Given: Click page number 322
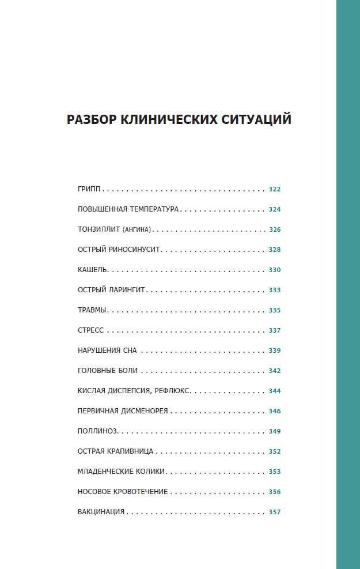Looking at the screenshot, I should pyautogui.click(x=274, y=189).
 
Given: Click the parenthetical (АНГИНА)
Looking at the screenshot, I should pyautogui.click(x=137, y=229).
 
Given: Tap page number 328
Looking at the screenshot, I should pyautogui.click(x=274, y=250).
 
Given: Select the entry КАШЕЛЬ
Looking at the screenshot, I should pyautogui.click(x=93, y=270).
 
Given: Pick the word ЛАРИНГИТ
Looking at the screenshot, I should pyautogui.click(x=126, y=290).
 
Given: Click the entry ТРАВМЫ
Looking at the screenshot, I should pyautogui.click(x=92, y=310).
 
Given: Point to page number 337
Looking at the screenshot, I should pyautogui.click(x=274, y=330).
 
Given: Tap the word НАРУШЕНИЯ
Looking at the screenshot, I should pyautogui.click(x=98, y=351).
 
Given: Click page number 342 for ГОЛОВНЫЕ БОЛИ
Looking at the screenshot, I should pyautogui.click(x=274, y=371).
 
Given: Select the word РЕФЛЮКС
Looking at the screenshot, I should pyautogui.click(x=172, y=391).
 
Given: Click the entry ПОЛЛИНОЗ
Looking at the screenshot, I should pyautogui.click(x=97, y=431).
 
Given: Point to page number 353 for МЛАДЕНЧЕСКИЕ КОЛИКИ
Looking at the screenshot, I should pyautogui.click(x=274, y=472).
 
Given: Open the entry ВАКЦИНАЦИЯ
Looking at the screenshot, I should pyautogui.click(x=101, y=512).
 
